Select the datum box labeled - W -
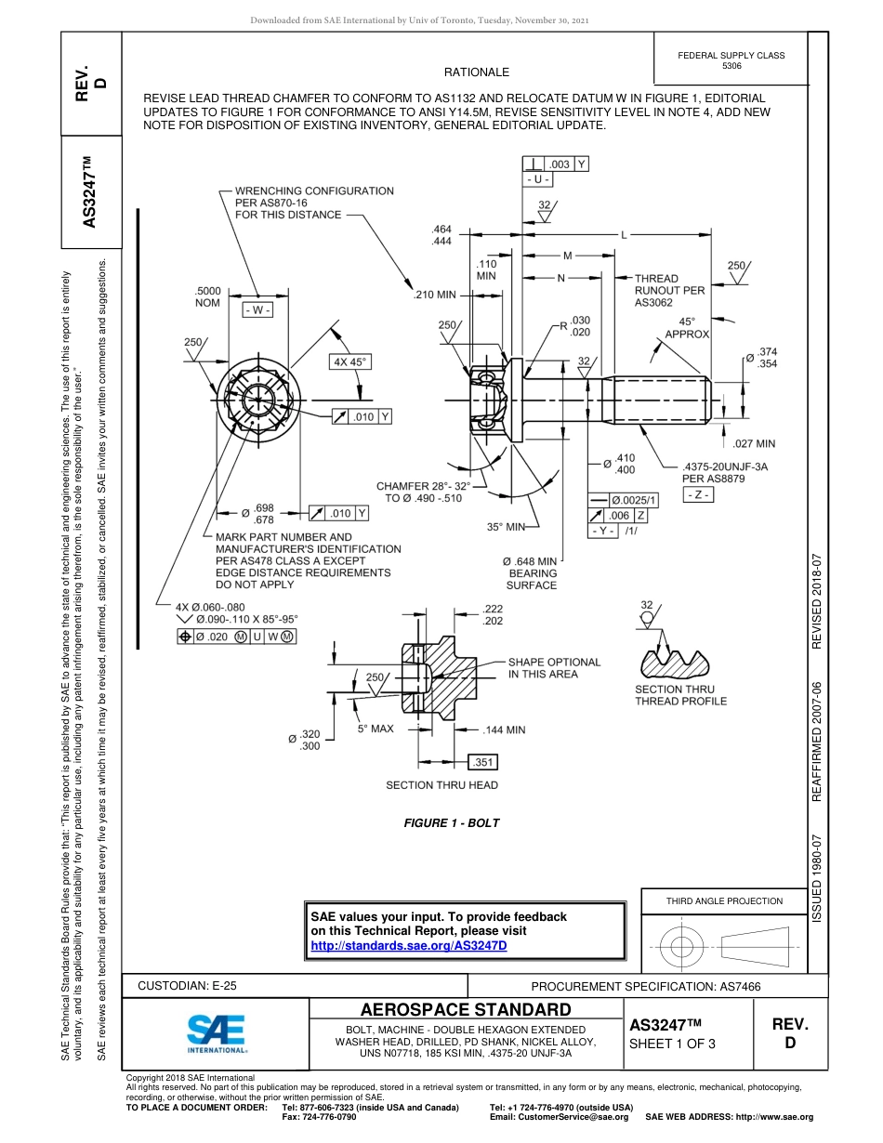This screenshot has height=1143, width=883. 257,309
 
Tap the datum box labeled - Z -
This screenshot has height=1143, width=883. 698,495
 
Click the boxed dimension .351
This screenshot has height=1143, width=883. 483,762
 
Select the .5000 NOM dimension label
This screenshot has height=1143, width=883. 207,296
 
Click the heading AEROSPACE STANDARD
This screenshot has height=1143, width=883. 466,1010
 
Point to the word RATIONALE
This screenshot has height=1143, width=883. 477,72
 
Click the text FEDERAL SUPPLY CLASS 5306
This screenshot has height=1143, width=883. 731,60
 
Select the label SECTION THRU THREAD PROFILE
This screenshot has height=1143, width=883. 680,695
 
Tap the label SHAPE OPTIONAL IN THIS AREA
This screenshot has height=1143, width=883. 554,668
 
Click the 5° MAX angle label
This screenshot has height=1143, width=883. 376,729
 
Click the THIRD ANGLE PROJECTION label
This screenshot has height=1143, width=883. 724,900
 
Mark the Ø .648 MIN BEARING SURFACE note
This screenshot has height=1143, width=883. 531,573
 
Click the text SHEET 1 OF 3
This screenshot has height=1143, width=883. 672,1043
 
